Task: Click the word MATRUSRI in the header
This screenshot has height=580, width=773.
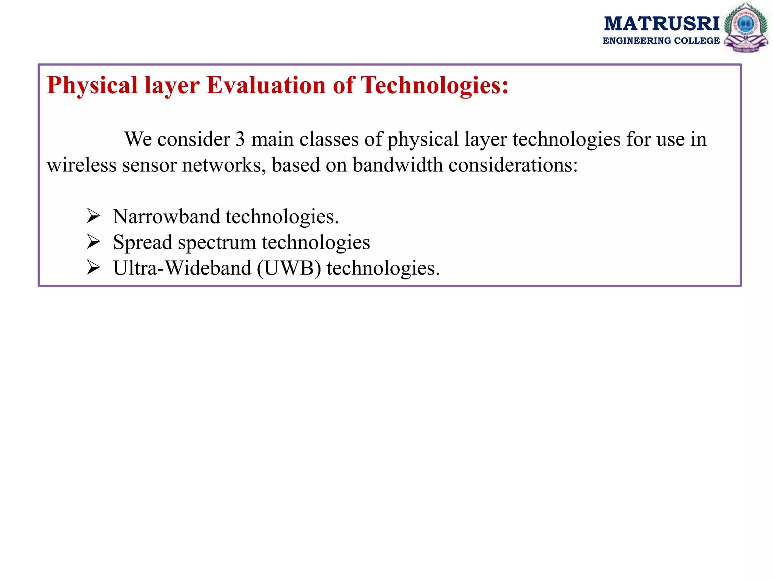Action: click(x=662, y=24)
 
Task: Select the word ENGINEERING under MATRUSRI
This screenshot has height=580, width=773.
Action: click(x=638, y=41)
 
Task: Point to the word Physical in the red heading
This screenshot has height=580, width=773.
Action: click(x=92, y=85)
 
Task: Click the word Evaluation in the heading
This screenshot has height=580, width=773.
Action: click(x=266, y=85)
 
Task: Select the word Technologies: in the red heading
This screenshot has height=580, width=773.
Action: click(x=434, y=85)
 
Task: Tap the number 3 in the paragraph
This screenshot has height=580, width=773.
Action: click(x=240, y=139)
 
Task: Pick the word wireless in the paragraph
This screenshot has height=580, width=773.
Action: click(x=82, y=165)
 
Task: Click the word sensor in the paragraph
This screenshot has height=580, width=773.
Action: click(x=149, y=165)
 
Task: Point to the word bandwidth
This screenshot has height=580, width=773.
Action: click(x=398, y=165)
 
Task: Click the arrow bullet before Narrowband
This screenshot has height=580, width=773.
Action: click(x=93, y=216)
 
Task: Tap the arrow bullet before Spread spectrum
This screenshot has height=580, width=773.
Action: click(x=93, y=242)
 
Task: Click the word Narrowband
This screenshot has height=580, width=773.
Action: click(x=166, y=217)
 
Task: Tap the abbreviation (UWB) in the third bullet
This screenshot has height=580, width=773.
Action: click(x=289, y=268)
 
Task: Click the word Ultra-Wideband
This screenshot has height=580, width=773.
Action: click(x=182, y=268)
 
